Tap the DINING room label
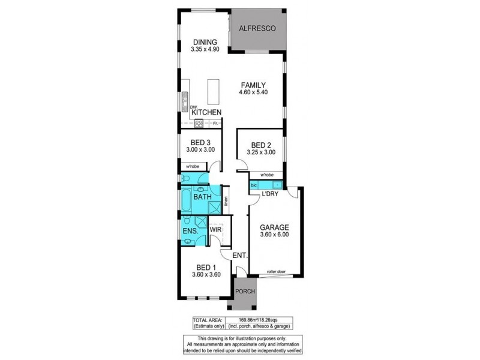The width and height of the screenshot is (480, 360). [x=205, y=41]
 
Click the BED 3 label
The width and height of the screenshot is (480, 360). [x=200, y=142]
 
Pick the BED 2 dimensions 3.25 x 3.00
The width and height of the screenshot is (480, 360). [x=262, y=152]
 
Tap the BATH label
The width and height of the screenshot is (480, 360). [x=201, y=196]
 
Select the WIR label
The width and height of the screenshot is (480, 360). [x=215, y=230]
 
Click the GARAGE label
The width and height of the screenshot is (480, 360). [x=274, y=227]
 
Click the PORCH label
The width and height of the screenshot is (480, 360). [x=245, y=292]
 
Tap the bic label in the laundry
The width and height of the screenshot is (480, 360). [x=254, y=186]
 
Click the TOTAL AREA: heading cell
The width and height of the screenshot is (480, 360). [x=208, y=320]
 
